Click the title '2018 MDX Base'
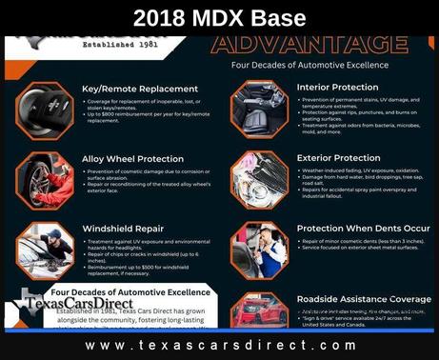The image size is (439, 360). (x=218, y=17)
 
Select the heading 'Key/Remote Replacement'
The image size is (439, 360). (x=140, y=89)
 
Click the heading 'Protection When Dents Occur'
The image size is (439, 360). (x=363, y=229)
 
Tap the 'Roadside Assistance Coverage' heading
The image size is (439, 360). (x=364, y=299)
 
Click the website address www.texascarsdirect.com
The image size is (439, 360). (x=219, y=345)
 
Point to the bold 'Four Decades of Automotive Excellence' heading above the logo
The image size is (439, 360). (x=131, y=292)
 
